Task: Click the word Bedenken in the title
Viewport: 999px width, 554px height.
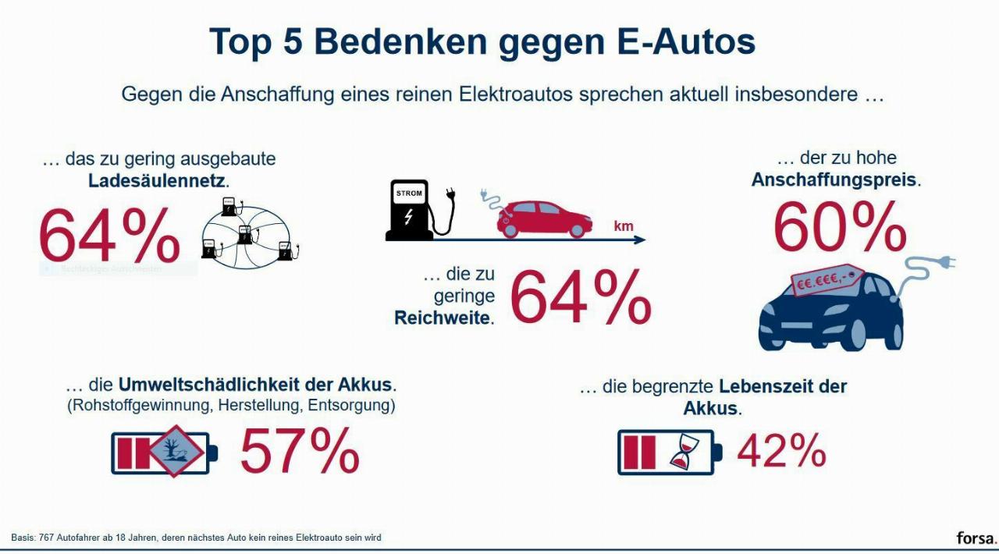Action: [401, 41]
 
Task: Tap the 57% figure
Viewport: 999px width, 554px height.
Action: [300, 452]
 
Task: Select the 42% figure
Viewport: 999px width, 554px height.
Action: [781, 451]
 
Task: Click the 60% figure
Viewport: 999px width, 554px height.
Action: [840, 227]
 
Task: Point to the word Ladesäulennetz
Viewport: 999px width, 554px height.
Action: [157, 181]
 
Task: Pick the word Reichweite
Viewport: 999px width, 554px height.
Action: [443, 318]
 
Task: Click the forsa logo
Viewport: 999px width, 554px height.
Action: [976, 538]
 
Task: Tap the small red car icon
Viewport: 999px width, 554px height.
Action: [544, 218]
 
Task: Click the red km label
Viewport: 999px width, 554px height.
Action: [623, 227]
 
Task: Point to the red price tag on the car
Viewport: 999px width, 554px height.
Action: [827, 279]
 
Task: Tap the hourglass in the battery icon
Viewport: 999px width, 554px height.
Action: [681, 453]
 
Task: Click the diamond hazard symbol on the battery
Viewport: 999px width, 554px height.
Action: [176, 451]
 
